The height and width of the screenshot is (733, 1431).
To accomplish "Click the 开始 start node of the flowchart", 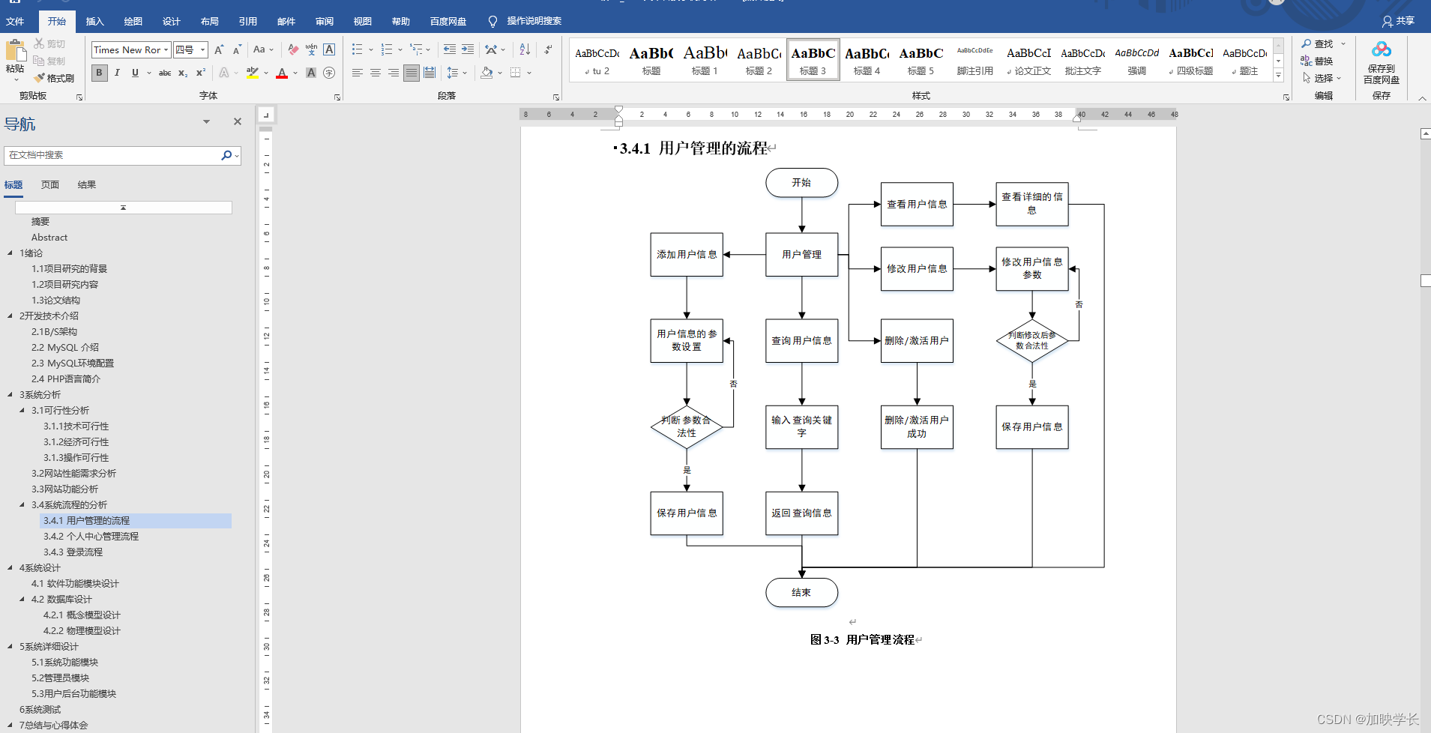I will point(801,183).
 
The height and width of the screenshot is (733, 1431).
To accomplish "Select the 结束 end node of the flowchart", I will point(801,592).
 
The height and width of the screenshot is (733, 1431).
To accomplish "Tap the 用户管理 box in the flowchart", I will point(801,255).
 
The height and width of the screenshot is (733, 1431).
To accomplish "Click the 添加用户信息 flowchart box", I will point(687,255).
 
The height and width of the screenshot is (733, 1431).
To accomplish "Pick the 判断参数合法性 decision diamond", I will point(687,427).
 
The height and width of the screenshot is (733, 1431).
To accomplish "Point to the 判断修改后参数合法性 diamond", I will point(1032,341).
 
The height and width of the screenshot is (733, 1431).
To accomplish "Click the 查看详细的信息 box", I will point(1032,204).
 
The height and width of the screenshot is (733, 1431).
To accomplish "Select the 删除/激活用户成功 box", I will point(917,427).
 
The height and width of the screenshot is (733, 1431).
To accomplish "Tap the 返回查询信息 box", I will point(801,513).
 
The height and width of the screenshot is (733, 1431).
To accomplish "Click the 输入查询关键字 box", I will point(801,427).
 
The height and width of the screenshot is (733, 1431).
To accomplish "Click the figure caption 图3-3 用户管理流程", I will point(862,640).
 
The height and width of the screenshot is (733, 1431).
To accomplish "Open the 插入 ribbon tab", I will point(94,21).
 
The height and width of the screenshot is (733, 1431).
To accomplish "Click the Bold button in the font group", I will point(99,73).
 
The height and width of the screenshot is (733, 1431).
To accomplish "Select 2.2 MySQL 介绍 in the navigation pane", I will point(65,348).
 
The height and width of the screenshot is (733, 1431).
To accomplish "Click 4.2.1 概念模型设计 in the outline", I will point(82,615).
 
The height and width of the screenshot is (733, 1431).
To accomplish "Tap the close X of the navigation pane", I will point(238,121).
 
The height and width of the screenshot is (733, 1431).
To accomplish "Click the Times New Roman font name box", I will point(127,50).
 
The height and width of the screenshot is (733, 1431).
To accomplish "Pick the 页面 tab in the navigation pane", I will point(50,185).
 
